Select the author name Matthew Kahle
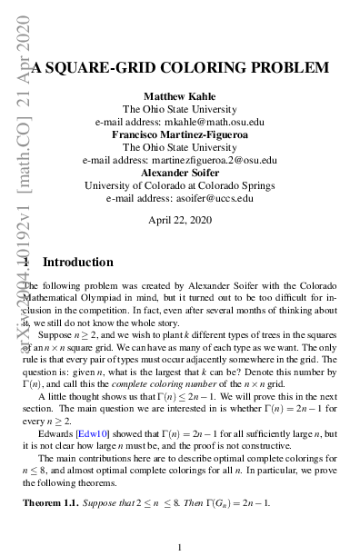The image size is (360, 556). (x=180, y=95)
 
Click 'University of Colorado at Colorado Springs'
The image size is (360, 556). (x=180, y=185)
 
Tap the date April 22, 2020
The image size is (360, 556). (x=180, y=220)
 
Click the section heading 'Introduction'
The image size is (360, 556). (x=78, y=263)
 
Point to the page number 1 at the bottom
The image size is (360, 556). (x=180, y=547)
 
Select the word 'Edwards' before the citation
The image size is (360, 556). (x=57, y=434)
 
